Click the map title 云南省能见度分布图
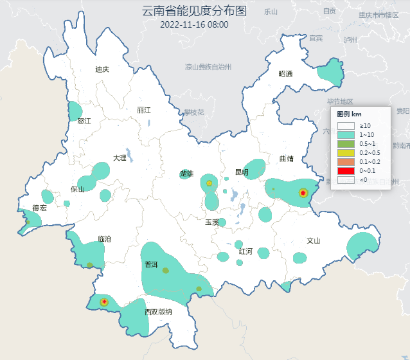194,11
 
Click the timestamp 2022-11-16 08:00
194,25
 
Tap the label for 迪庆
102,69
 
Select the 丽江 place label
144,110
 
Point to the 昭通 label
285,74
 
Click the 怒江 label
84,121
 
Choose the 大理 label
120,157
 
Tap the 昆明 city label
242,172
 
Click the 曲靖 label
287,158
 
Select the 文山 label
313,241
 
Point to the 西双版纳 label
158,312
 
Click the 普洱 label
151,265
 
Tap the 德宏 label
39,208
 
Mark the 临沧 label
104,239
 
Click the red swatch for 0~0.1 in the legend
346,171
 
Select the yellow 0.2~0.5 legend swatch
346,153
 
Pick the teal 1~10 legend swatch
346,135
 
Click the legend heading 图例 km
350,114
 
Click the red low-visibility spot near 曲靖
303,192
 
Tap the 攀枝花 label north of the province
193,112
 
